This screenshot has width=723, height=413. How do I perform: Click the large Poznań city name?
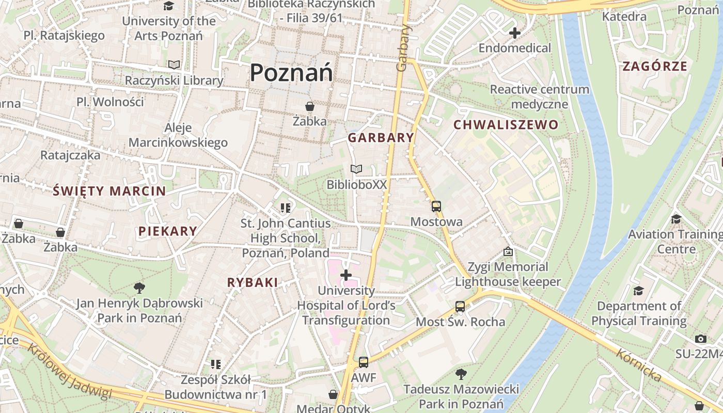(291, 73)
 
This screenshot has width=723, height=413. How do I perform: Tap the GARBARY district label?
(381, 137)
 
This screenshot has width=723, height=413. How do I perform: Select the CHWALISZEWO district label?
(506, 124)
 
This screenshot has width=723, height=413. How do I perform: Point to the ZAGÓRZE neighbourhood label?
(654, 66)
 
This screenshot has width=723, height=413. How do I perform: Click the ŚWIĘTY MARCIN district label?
(109, 191)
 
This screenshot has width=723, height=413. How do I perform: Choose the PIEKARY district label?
(167, 231)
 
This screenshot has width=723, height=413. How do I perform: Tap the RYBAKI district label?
(253, 282)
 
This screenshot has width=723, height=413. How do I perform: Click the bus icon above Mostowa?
(436, 206)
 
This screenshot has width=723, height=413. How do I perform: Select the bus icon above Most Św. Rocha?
(460, 307)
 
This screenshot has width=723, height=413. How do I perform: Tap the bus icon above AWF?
(364, 362)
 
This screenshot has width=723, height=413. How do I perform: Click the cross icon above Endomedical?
(514, 34)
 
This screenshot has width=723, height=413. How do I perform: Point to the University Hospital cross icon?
(346, 275)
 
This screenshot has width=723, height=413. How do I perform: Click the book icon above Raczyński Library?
(174, 65)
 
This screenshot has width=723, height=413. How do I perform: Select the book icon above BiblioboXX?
(356, 169)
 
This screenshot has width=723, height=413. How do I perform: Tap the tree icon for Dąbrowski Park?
(139, 288)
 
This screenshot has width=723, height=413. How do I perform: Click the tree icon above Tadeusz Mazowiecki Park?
(461, 374)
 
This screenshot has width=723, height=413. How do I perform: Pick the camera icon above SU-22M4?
(700, 339)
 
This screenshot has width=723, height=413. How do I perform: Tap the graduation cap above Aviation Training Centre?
(675, 219)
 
